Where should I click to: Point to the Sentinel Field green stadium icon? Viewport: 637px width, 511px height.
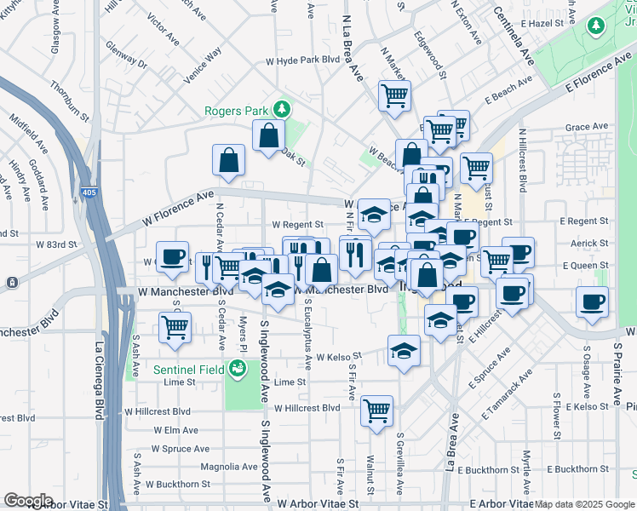[x=237, y=369]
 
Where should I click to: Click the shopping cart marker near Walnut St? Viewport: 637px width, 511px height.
[x=376, y=412]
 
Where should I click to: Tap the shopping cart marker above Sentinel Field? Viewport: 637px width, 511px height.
[x=175, y=327]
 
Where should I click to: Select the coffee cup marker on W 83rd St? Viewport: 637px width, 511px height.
[x=172, y=257]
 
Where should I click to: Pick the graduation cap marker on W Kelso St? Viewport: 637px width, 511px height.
[x=404, y=350]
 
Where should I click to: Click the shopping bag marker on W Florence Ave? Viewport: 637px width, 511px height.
[x=229, y=160]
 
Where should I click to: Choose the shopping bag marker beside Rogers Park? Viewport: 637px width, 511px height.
[x=268, y=135]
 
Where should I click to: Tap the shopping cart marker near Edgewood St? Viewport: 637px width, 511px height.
[x=394, y=96]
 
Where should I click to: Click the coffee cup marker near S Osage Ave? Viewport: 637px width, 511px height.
[x=592, y=301]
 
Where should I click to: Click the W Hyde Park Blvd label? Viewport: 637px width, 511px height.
[x=303, y=60]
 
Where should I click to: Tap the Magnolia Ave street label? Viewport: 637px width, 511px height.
[x=228, y=467]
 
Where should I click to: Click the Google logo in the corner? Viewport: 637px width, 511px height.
[x=28, y=501]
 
